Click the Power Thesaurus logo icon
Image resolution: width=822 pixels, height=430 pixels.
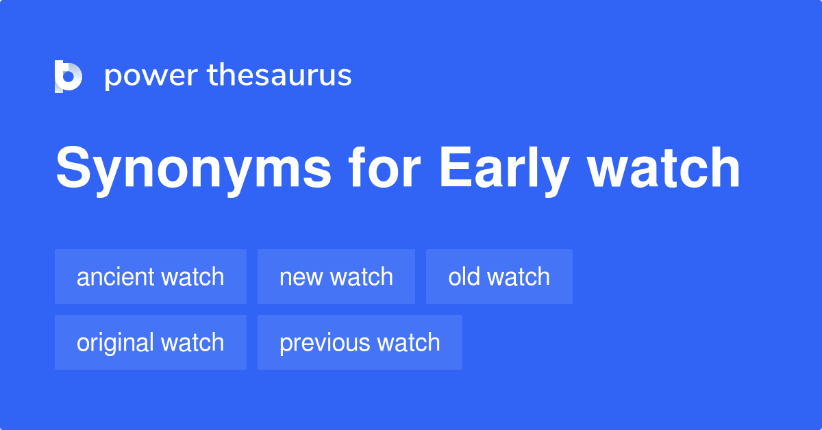coord(68,76)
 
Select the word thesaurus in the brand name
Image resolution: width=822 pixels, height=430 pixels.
coord(279,75)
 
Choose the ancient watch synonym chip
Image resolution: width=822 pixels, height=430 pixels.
coord(151,277)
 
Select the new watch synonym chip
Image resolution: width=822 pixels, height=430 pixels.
coord(336,277)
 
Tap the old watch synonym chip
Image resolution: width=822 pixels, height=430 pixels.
coord(499,277)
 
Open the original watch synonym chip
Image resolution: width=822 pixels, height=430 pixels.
coord(151,342)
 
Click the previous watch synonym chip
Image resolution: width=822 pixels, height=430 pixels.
coord(360,342)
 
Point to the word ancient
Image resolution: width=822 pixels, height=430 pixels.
coord(116,277)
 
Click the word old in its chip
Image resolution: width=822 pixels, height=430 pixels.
coord(462,277)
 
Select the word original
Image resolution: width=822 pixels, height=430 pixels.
coord(115,342)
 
